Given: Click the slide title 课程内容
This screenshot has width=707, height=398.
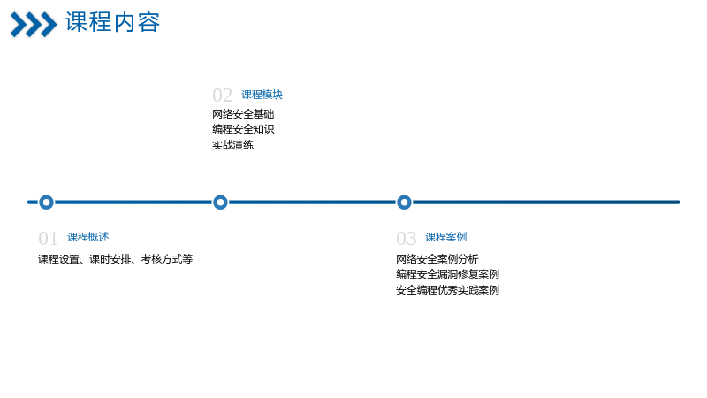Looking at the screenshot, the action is click(113, 22).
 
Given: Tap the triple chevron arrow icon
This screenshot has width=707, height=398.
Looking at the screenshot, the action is click(34, 25).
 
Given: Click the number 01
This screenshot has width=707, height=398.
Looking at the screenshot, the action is click(48, 238).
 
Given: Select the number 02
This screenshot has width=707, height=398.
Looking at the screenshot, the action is click(223, 96).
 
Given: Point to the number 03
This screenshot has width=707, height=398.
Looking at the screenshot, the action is click(406, 238).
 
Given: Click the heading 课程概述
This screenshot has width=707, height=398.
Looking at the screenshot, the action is click(88, 237).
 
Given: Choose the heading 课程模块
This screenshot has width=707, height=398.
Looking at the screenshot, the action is click(262, 95).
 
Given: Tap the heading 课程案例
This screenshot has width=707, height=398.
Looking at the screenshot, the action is click(446, 237).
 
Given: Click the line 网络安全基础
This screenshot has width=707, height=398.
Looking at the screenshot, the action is click(243, 114).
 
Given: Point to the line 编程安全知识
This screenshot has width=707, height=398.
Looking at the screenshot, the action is click(243, 129).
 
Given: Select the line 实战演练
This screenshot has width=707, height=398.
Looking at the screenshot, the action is click(232, 145).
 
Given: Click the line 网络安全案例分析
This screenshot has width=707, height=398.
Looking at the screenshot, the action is click(437, 258).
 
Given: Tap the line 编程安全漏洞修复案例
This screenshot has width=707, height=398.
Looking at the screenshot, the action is click(447, 274).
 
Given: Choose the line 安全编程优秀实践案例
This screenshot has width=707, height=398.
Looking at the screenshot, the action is click(447, 290).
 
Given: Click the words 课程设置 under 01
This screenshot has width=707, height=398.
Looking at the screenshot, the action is click(58, 259).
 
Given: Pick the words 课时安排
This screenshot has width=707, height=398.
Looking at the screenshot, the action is click(110, 259).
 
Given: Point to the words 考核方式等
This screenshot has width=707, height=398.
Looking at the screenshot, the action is click(167, 259).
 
